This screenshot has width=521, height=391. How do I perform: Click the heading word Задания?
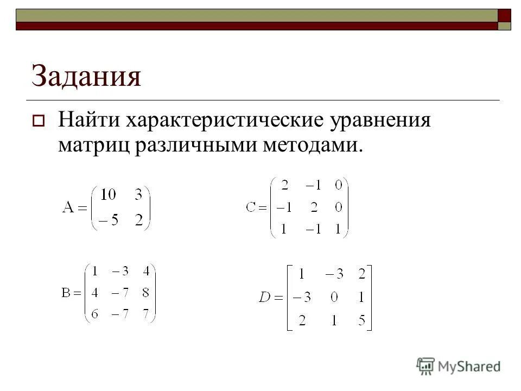click(x=86, y=77)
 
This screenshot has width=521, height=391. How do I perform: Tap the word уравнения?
click(x=380, y=120)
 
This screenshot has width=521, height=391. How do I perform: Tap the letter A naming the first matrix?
click(x=68, y=208)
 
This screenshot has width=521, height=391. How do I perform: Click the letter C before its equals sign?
click(x=250, y=207)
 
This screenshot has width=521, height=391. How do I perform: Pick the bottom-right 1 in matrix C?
click(x=338, y=230)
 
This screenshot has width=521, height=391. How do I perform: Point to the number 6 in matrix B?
click(x=94, y=314)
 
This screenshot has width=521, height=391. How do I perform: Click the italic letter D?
click(x=264, y=297)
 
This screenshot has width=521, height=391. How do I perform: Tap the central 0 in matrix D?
click(x=331, y=297)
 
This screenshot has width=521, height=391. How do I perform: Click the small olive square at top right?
click(x=505, y=26)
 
